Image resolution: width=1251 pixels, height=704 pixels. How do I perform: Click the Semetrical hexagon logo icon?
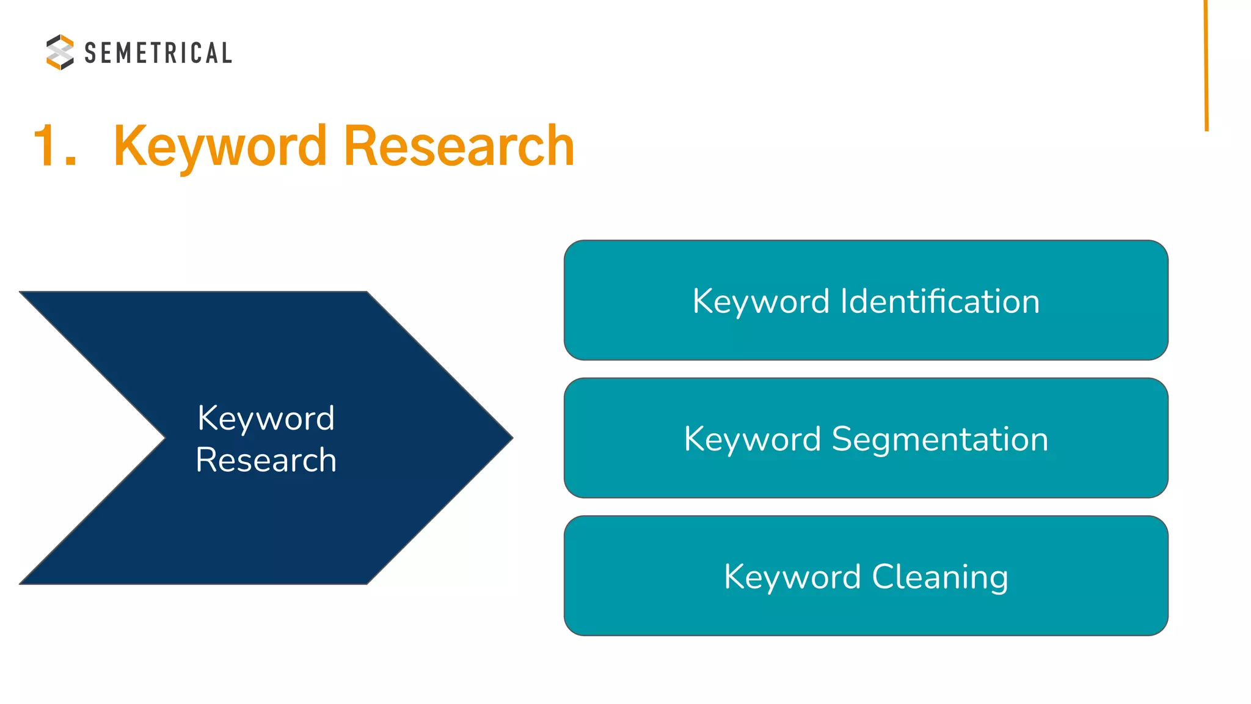point(60,52)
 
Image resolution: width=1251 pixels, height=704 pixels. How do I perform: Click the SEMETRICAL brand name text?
point(158,53)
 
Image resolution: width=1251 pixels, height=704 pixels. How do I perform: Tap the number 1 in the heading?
point(45,146)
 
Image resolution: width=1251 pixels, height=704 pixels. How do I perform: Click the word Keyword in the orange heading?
point(221,146)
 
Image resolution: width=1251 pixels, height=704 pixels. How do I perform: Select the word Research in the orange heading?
point(459,146)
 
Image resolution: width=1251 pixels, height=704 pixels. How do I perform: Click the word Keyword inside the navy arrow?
point(266,419)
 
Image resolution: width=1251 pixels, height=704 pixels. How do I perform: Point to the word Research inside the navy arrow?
point(266,460)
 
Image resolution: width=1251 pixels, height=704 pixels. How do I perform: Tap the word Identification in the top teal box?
point(940,301)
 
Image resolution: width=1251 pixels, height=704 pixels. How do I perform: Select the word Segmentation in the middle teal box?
point(940,439)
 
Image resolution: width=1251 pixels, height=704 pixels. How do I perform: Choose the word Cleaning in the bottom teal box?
point(940,577)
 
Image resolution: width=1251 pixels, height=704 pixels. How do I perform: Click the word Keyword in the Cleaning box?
point(792,577)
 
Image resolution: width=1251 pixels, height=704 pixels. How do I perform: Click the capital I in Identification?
point(845,301)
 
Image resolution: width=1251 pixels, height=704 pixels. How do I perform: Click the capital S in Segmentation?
point(842,439)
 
